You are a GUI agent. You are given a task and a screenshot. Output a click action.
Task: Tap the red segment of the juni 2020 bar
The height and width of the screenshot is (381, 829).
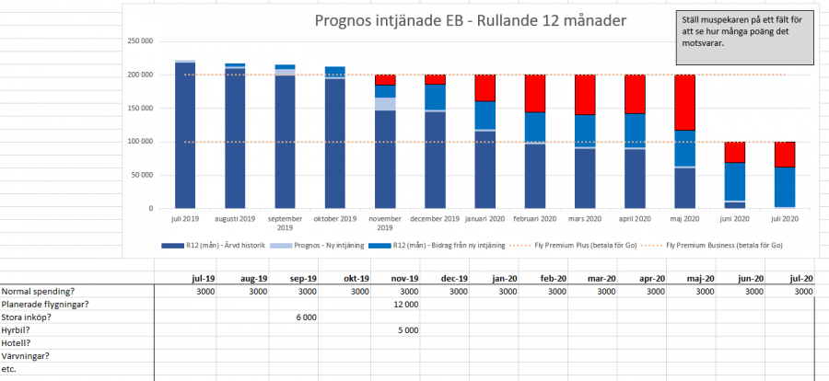point(734,152)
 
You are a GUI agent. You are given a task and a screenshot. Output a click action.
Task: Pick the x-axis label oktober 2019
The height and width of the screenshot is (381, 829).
point(334,219)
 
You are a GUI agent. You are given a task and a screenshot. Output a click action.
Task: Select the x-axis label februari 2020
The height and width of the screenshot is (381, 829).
point(534,219)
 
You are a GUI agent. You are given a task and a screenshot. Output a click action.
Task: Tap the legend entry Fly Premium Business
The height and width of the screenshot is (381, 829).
point(723,246)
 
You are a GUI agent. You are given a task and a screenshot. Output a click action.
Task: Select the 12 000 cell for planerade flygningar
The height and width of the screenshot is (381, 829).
point(406,304)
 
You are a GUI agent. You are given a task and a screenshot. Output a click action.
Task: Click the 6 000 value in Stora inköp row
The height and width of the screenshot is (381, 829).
point(307,317)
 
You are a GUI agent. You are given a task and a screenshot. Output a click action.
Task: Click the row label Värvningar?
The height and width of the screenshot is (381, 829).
point(27,355)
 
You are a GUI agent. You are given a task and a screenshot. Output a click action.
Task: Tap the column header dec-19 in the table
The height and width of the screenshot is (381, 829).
point(454,278)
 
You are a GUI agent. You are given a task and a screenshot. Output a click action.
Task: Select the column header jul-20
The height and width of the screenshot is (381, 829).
point(800,278)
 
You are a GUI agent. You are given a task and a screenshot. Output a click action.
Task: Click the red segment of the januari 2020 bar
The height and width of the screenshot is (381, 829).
point(485,87)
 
